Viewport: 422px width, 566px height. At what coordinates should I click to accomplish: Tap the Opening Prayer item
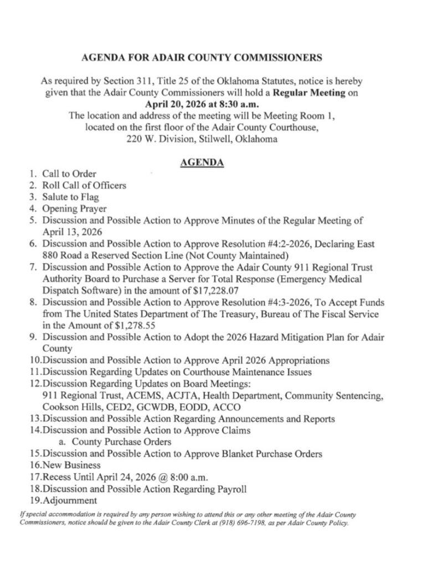[74, 209]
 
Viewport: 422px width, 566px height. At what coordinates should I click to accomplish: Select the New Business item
[71, 465]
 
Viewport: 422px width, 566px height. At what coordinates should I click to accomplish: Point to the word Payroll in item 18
[231, 489]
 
